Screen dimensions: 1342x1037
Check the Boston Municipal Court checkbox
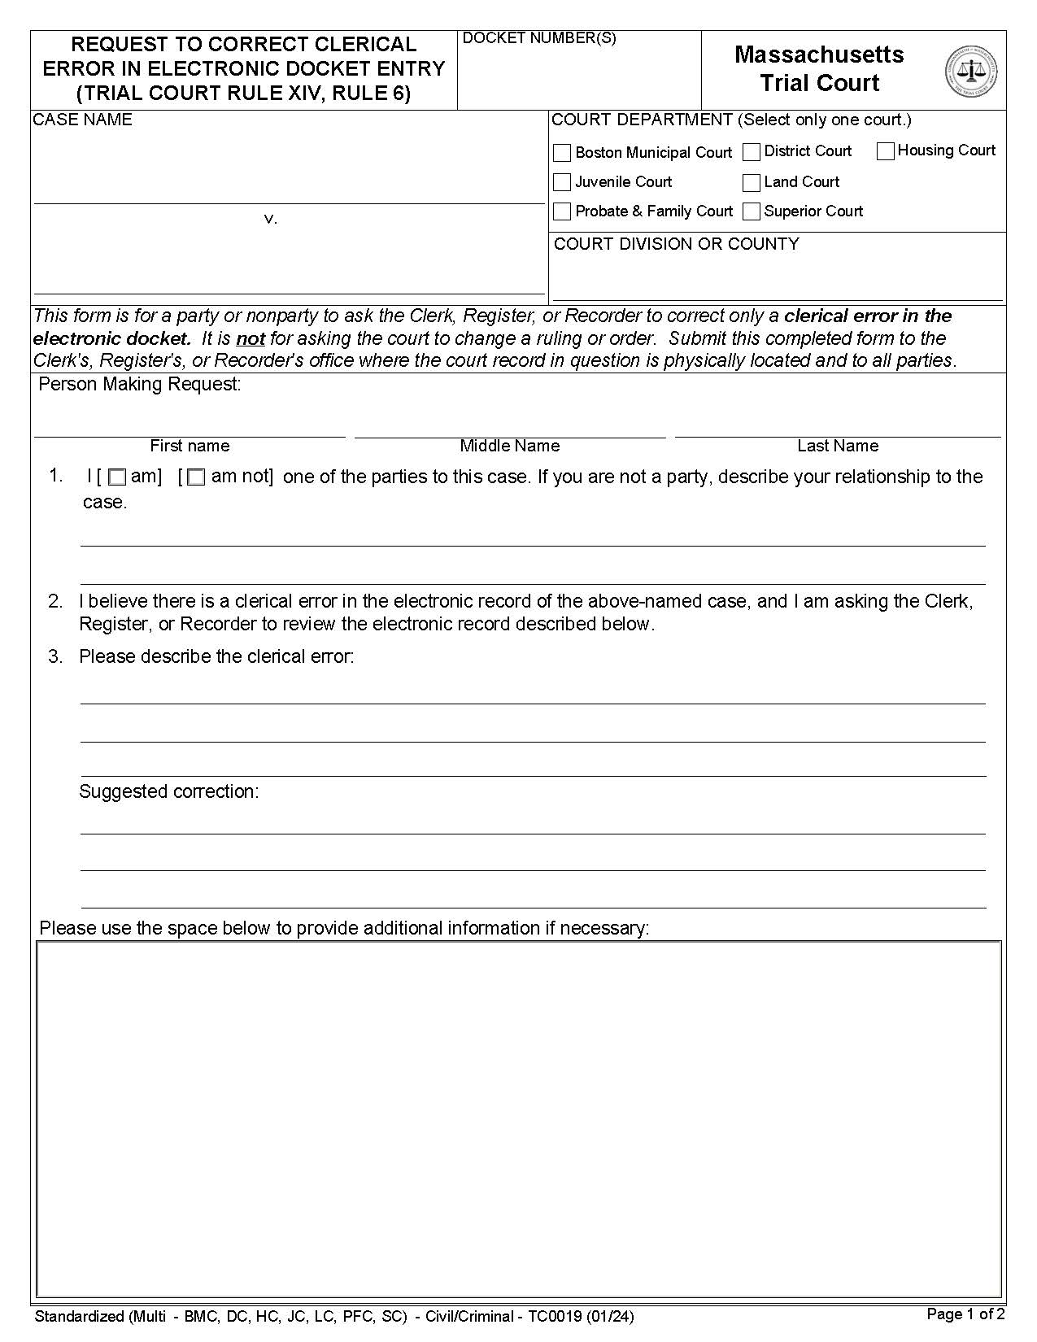coord(562,153)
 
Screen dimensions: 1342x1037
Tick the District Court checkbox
coord(752,152)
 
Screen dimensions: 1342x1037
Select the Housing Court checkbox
coord(886,151)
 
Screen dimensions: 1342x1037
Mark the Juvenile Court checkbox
coord(562,182)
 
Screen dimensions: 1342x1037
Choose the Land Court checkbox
coord(752,182)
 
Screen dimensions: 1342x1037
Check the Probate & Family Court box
coord(562,211)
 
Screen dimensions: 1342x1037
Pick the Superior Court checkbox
coord(752,211)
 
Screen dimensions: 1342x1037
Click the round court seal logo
coord(971,72)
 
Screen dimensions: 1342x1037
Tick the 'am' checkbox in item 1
coord(117,478)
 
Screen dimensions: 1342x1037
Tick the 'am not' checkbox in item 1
coord(196,478)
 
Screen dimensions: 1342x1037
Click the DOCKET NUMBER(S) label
coord(538,38)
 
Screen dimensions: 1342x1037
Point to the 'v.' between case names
coord(271,219)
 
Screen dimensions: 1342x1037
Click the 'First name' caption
coord(190,446)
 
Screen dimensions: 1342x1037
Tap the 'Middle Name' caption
coord(509,446)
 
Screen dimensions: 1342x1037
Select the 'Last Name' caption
coord(837,446)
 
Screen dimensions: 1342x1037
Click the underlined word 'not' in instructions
coord(251,338)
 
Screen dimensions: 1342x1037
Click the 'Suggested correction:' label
coord(168,791)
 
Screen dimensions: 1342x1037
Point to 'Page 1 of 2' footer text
coord(965,1314)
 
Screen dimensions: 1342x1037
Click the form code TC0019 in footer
coord(554,1316)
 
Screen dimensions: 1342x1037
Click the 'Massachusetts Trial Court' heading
coord(819,68)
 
